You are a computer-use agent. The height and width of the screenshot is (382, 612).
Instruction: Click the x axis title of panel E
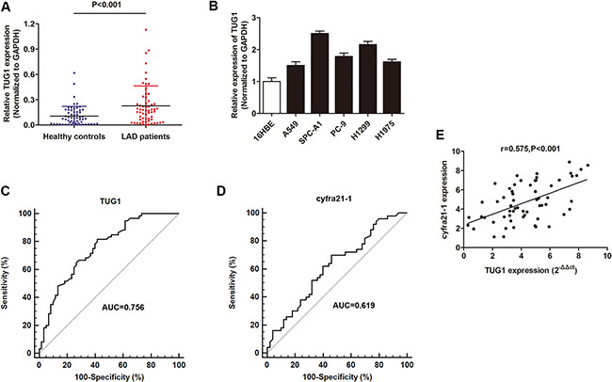533,269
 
